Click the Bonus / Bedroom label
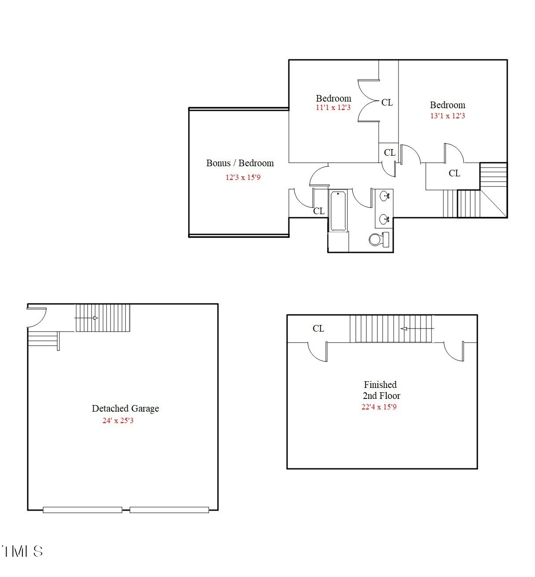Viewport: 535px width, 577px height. (240, 163)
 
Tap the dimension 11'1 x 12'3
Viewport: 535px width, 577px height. (333, 108)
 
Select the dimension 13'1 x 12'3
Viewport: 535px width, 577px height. (447, 116)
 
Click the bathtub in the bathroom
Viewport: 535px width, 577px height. (338, 211)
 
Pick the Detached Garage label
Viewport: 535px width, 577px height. (125, 409)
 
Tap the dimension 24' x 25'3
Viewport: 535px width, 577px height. (118, 421)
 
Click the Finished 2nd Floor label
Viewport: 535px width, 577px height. (381, 390)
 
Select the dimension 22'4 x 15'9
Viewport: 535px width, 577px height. (379, 407)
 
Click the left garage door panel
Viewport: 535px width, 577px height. (82, 510)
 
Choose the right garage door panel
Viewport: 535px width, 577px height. (169, 510)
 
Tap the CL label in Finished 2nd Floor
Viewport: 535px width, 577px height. (318, 329)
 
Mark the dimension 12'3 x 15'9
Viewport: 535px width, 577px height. (243, 178)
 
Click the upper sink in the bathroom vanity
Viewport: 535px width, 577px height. (384, 196)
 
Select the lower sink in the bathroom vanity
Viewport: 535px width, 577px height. (384, 218)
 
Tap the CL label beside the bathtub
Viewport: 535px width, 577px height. (319, 211)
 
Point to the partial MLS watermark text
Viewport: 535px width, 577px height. (22, 551)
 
